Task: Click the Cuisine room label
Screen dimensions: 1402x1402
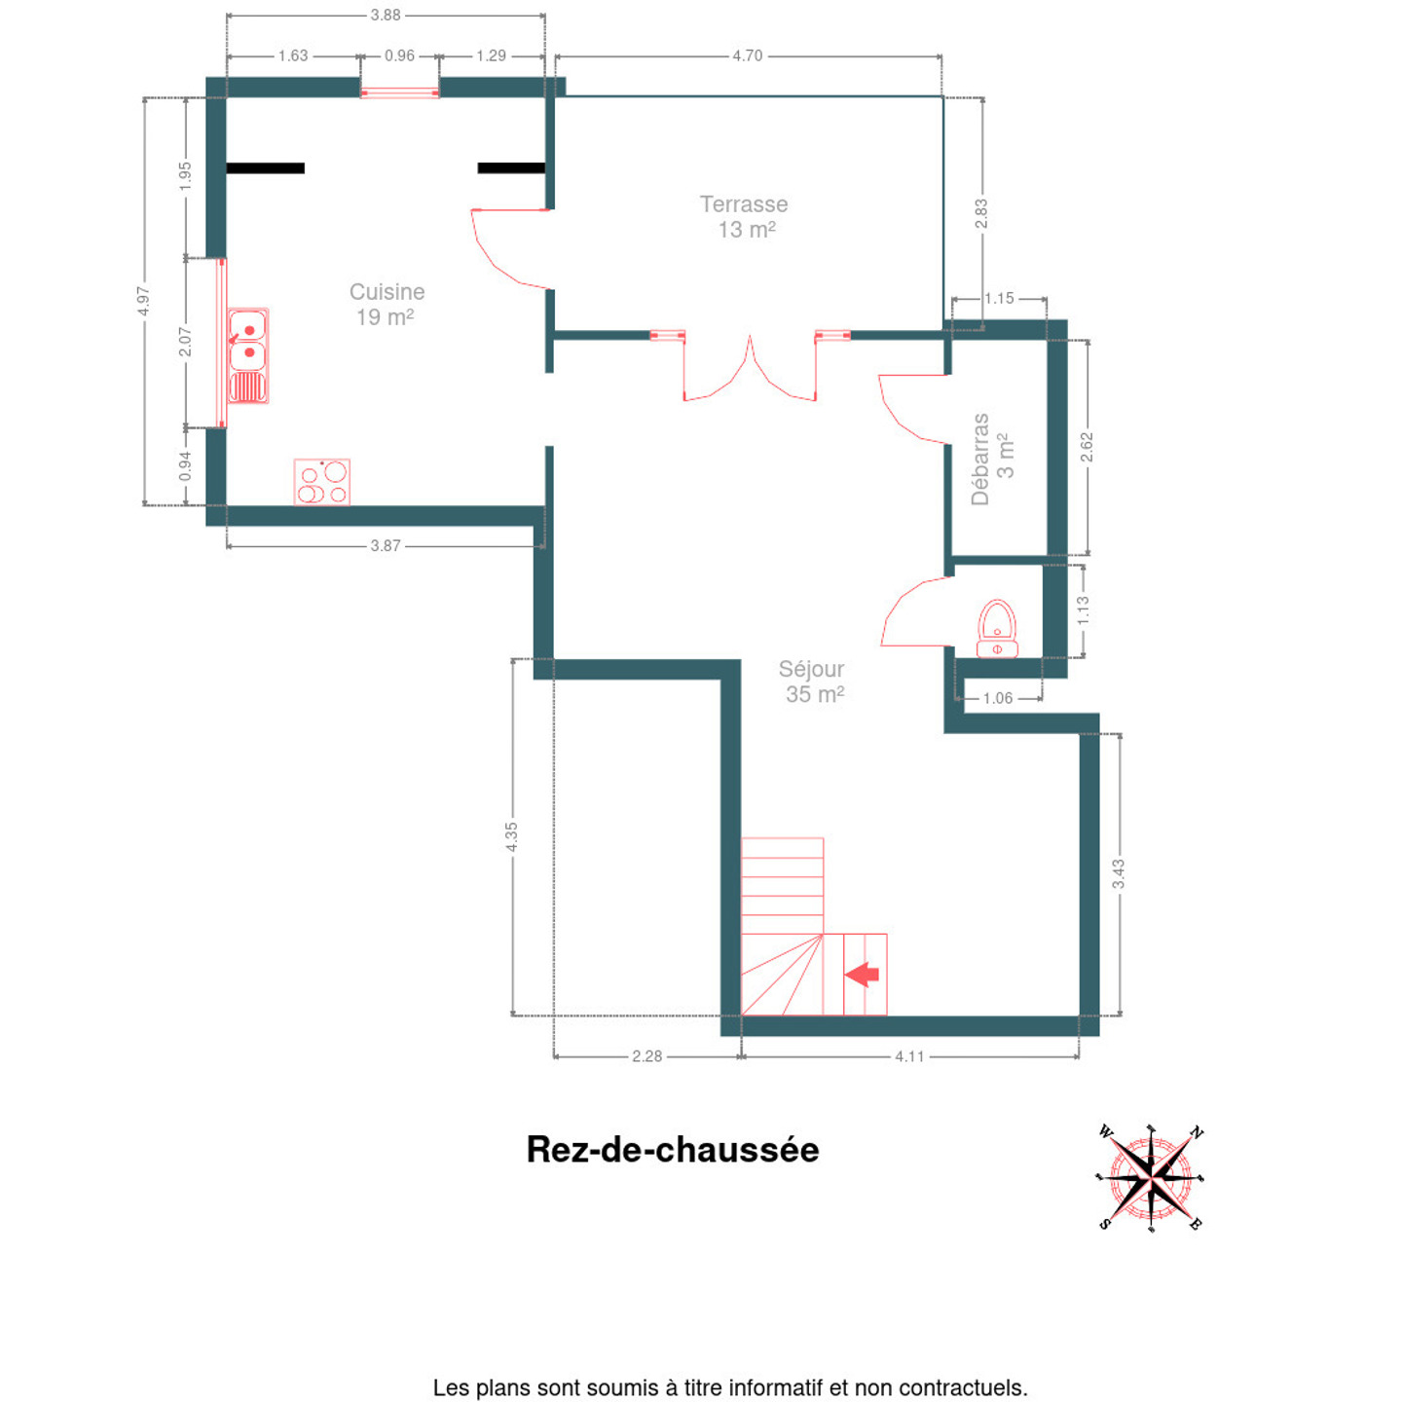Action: tap(387, 292)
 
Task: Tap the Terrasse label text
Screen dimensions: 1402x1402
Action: tap(744, 204)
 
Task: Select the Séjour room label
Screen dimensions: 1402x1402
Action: tap(811, 669)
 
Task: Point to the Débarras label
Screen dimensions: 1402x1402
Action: tap(980, 460)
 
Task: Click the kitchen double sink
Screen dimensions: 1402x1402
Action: tap(249, 355)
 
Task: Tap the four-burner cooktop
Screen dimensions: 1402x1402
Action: tap(321, 482)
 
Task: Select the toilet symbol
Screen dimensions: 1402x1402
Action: tap(997, 629)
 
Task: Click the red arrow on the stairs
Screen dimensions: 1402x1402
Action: tap(863, 974)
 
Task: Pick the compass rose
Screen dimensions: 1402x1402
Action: tap(1150, 1178)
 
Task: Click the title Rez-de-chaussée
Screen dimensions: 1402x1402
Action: tap(672, 1150)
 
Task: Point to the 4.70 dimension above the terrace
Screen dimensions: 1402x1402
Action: tap(747, 56)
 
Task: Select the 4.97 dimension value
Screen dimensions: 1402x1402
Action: tap(143, 301)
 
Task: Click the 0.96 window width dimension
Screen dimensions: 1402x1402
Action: tap(399, 56)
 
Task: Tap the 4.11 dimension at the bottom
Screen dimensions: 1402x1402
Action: tap(909, 1056)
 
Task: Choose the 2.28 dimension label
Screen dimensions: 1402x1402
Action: tap(646, 1056)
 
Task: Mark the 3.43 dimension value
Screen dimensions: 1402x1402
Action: tap(1119, 873)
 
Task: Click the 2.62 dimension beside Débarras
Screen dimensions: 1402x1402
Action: tap(1087, 448)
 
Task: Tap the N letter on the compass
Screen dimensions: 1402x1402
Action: tap(1197, 1132)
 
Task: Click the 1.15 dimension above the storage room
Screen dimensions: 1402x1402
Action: tap(999, 298)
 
